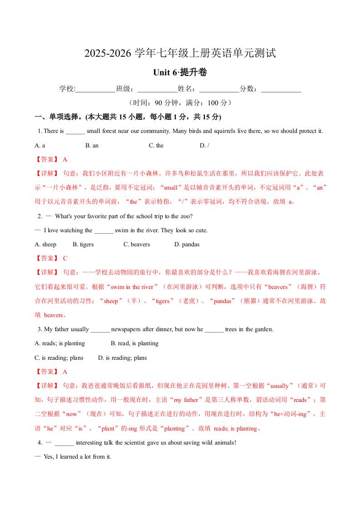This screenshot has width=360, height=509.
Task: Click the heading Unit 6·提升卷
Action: [x=180, y=73]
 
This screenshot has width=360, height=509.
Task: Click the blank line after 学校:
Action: [x=95, y=89]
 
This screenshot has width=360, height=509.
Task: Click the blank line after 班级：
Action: [x=157, y=89]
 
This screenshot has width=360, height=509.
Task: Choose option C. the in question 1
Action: [x=156, y=146]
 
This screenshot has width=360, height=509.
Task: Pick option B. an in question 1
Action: [x=92, y=146]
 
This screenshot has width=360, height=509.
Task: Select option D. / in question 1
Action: [x=204, y=146]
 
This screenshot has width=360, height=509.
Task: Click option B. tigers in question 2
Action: [x=83, y=245]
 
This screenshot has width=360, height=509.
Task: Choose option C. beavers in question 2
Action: [x=137, y=245]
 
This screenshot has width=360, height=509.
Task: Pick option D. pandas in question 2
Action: [x=187, y=245]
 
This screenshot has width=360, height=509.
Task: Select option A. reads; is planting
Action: [x=60, y=343]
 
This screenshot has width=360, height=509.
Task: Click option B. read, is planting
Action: [x=134, y=343]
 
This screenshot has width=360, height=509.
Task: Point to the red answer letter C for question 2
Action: [x=65, y=259]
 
